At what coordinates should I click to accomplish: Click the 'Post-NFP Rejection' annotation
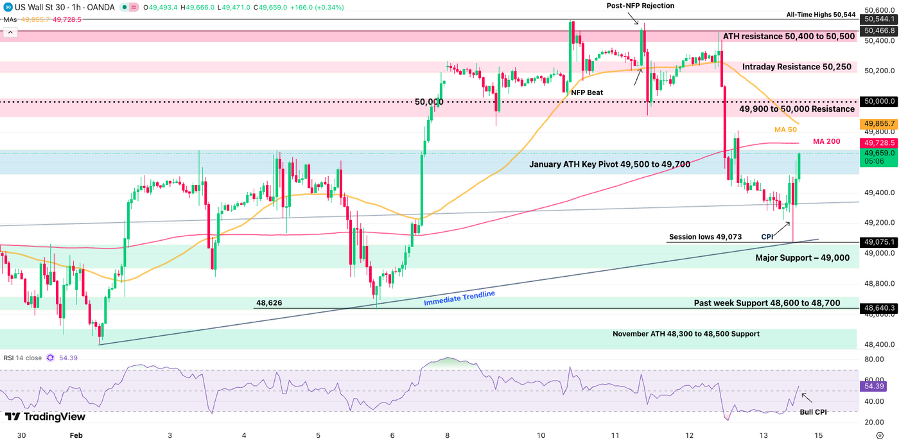click(x=640, y=6)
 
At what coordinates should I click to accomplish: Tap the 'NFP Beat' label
click(x=587, y=92)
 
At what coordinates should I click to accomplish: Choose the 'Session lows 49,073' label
click(x=705, y=237)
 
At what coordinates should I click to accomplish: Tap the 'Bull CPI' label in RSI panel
click(x=813, y=412)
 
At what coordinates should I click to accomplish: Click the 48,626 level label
click(x=269, y=302)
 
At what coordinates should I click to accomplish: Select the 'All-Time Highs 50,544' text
click(x=821, y=15)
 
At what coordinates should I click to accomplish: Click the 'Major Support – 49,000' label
click(x=803, y=257)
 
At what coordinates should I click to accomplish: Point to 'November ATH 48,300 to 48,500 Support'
click(x=686, y=334)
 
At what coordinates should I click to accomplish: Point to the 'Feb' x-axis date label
click(x=76, y=435)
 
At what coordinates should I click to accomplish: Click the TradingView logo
click(x=45, y=417)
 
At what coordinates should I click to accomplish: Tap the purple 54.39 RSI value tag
click(x=875, y=387)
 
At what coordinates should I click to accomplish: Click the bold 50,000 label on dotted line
click(x=429, y=101)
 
